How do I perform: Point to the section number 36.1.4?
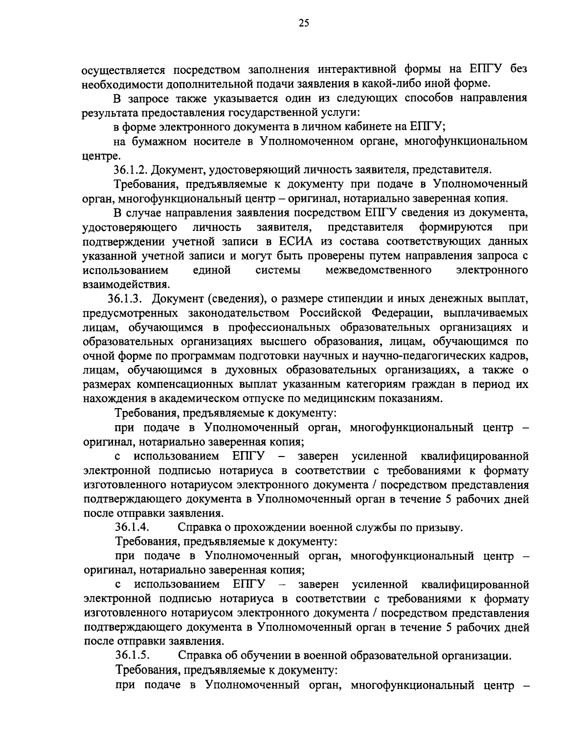[x=132, y=527]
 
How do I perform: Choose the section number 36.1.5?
[x=132, y=656]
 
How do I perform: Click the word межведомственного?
[x=379, y=270]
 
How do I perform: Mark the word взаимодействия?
[x=126, y=284]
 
